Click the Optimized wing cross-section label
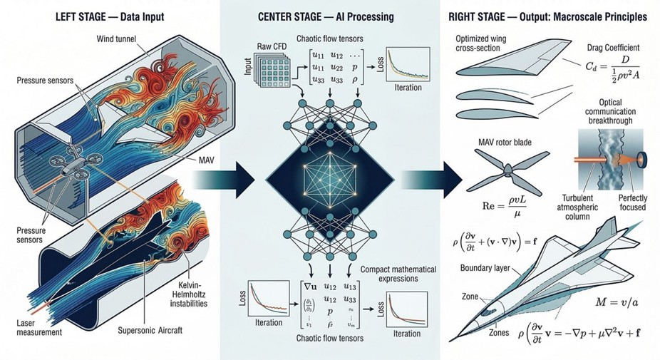pyautogui.click(x=482, y=42)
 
